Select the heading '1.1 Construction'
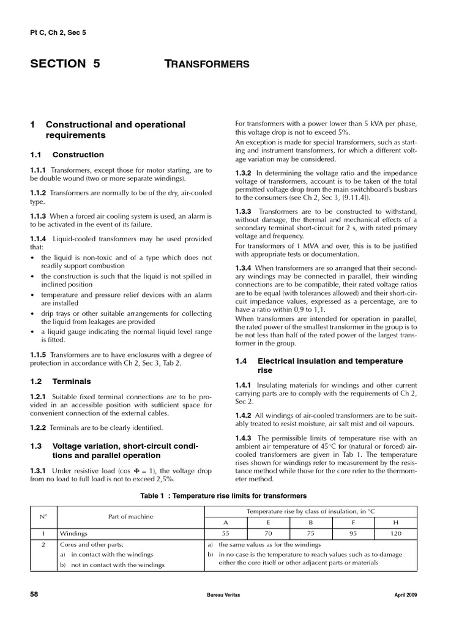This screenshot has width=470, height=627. coord(67,155)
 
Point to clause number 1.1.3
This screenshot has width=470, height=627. coord(39,216)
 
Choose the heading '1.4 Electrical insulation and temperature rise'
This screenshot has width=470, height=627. coord(319,366)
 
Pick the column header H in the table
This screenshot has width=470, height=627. coord(395,523)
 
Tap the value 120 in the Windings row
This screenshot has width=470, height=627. coord(395,533)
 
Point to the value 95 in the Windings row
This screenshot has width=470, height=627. coord(352,533)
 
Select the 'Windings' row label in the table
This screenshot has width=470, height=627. coord(73,533)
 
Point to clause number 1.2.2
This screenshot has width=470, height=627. coord(39,427)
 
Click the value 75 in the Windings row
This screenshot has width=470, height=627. coord(310,533)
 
